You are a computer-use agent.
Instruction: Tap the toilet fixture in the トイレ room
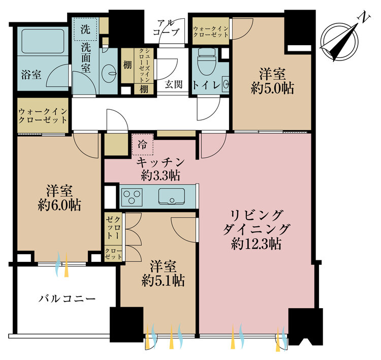click(207, 61)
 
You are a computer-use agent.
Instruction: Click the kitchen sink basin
click(172, 196)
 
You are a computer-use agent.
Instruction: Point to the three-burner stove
click(132, 197)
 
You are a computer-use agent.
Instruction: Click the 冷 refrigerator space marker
click(143, 144)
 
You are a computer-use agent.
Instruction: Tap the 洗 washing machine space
click(85, 29)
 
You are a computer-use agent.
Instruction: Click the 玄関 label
click(173, 84)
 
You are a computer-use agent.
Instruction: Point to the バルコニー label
click(67, 298)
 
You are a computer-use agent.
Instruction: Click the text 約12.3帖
click(257, 244)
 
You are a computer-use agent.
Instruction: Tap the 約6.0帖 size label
click(59, 205)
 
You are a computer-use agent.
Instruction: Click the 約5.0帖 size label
click(272, 88)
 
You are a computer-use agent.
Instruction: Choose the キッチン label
click(161, 162)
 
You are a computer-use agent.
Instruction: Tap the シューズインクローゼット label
click(144, 66)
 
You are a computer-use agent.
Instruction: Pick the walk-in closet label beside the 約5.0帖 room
click(211, 32)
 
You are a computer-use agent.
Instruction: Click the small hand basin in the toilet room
click(226, 84)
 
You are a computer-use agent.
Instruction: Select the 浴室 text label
click(31, 74)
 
